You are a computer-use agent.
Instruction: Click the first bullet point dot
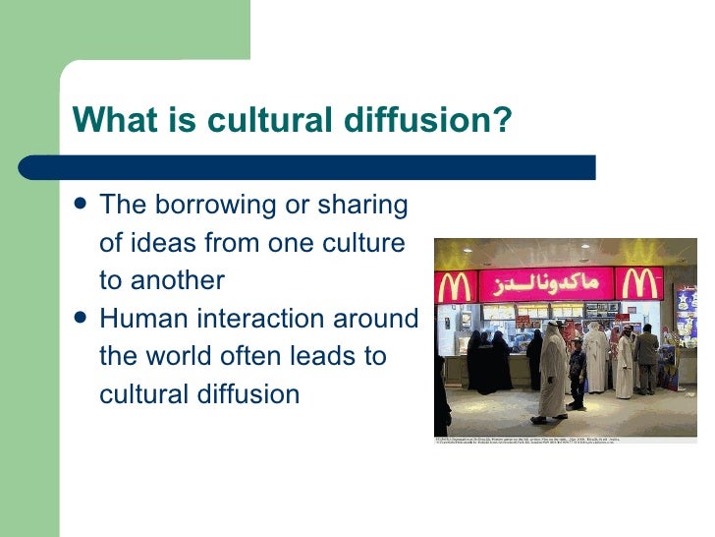[81, 205]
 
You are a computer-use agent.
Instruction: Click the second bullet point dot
[81, 319]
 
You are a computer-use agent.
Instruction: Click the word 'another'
[178, 280]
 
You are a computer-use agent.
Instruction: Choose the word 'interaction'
[258, 319]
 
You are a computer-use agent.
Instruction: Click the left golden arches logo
[455, 287]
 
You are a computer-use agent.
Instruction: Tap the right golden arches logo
[642, 283]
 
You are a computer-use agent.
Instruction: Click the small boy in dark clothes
[577, 373]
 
